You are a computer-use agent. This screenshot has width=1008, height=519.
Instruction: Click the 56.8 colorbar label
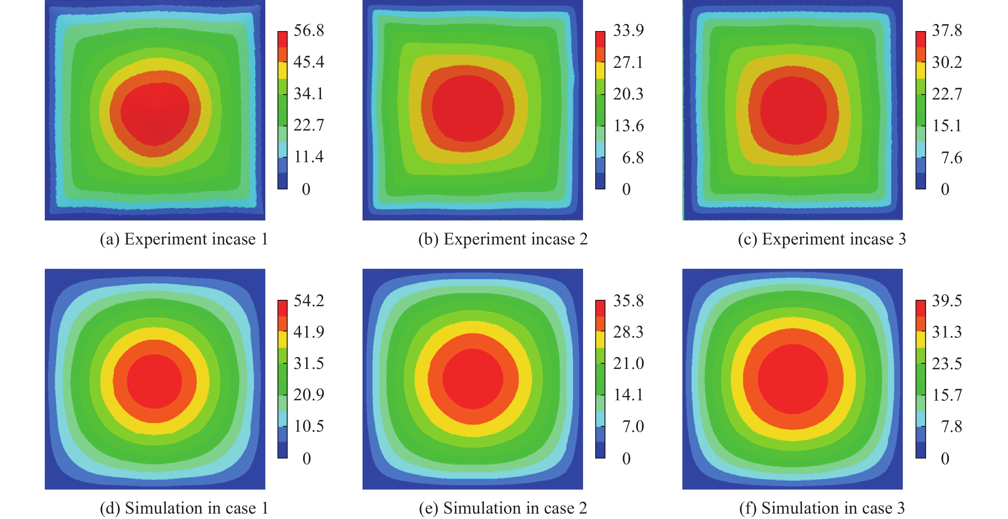tap(309, 30)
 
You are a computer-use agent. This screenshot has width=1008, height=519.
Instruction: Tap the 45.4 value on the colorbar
tap(309, 62)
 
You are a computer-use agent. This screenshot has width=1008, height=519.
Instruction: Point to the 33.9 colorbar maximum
tap(628, 30)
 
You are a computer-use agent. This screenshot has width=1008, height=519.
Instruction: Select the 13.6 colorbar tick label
tap(628, 126)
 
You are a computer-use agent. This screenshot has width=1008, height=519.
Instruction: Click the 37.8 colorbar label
tap(947, 30)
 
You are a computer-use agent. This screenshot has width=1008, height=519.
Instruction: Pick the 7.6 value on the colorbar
tap(951, 158)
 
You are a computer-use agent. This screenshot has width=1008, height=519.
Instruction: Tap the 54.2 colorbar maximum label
tap(309, 300)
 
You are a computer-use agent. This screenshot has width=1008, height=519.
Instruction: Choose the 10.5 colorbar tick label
tap(309, 426)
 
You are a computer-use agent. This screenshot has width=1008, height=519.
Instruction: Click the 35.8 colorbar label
tap(628, 300)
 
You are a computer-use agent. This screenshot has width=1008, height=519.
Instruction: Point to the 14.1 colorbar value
tap(628, 395)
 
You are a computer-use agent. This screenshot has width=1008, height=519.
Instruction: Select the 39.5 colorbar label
tap(947, 300)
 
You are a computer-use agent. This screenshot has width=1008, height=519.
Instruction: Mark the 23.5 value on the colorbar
tap(947, 363)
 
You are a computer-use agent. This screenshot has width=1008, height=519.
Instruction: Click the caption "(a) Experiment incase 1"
tap(184, 239)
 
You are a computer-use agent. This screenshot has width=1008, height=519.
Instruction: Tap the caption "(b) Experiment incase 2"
tap(503, 239)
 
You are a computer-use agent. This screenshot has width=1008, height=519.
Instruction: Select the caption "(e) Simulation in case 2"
tap(503, 508)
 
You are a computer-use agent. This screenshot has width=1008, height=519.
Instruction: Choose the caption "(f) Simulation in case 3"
tap(822, 508)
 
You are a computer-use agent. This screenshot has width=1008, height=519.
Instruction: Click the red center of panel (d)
tap(155, 381)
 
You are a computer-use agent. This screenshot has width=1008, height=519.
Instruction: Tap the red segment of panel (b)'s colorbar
tap(600, 39)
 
